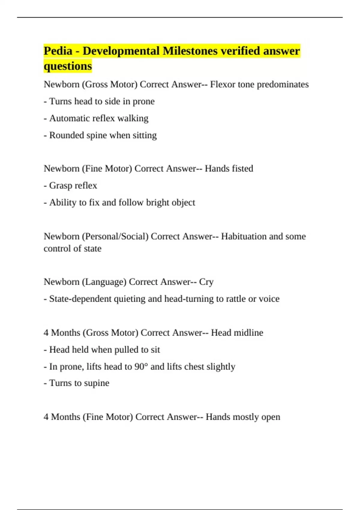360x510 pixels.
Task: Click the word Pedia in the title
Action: click(x=58, y=51)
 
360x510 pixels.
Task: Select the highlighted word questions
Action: click(x=68, y=66)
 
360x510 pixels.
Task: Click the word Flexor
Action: click(x=223, y=84)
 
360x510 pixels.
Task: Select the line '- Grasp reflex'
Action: click(x=70, y=185)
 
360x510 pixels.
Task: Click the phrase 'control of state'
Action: click(x=73, y=248)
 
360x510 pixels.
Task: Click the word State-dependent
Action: click(x=80, y=299)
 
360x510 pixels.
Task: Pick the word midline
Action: click(x=248, y=333)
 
